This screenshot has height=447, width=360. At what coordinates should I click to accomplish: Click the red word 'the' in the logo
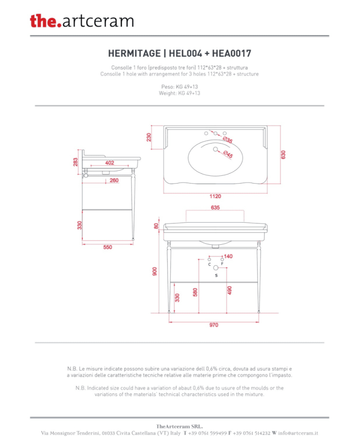(x=43, y=21)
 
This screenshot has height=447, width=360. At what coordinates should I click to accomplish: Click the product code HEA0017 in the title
(x=231, y=53)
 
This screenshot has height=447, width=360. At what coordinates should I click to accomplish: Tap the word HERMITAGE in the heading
(x=134, y=53)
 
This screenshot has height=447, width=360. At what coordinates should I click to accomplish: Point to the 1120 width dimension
(x=215, y=196)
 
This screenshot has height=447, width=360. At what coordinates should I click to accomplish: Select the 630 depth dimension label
(x=283, y=155)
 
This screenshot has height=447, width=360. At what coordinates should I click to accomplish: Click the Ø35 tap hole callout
(x=228, y=140)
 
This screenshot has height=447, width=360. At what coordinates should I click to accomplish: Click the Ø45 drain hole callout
(x=228, y=154)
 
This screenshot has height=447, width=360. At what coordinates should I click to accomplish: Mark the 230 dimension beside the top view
(x=149, y=137)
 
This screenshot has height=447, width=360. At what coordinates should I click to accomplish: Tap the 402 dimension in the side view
(x=110, y=163)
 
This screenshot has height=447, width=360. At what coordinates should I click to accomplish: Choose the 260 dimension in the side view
(x=114, y=180)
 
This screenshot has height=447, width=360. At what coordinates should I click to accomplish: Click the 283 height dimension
(x=75, y=162)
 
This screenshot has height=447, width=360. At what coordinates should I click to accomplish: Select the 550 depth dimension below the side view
(x=107, y=247)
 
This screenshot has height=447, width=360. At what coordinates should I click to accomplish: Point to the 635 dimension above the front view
(x=215, y=207)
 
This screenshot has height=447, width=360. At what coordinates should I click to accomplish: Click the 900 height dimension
(x=154, y=272)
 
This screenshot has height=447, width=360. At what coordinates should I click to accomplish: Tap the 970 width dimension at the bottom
(x=214, y=325)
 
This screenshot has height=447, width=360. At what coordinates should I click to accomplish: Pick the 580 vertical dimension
(x=195, y=292)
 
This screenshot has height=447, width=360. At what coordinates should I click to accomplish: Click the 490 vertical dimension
(x=230, y=290)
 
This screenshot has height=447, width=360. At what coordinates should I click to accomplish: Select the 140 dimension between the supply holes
(x=228, y=256)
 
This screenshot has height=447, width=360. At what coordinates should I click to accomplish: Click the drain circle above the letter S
(x=216, y=267)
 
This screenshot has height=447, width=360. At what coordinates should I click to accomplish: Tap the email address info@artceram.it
(x=298, y=433)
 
